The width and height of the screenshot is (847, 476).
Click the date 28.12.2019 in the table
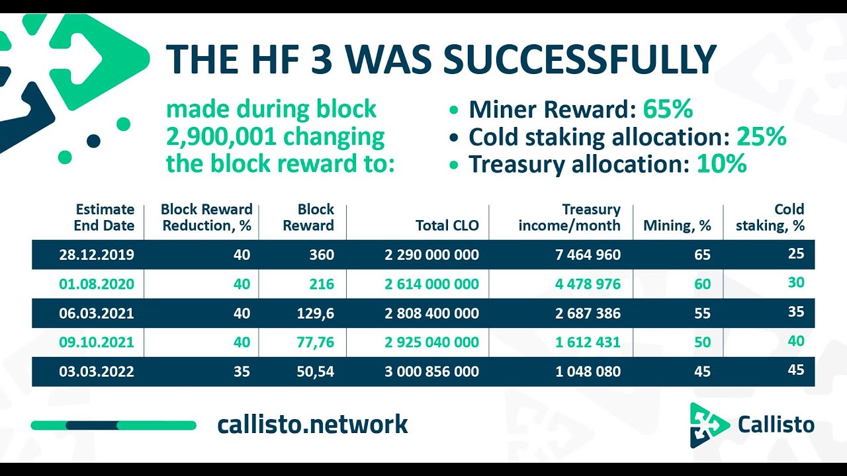point(97,255)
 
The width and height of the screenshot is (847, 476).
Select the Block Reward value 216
point(322,284)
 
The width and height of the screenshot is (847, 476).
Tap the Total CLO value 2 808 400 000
point(432,313)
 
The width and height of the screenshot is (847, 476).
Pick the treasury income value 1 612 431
point(588,342)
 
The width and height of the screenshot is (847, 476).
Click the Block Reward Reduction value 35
point(242,372)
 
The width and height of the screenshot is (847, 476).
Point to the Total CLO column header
point(447,225)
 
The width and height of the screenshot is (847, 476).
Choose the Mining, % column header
point(677,225)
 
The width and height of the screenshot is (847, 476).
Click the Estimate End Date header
point(105,218)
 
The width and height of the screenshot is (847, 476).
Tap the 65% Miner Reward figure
point(668,109)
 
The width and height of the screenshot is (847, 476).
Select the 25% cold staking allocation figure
point(762,136)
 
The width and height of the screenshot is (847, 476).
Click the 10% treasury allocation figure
point(722,163)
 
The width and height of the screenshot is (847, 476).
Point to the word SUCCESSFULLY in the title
point(580,59)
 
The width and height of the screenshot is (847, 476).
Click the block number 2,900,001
point(221,137)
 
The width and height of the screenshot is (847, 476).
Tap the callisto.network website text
point(313,424)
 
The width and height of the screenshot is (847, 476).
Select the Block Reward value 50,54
point(316,372)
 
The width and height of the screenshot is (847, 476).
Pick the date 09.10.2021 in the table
point(97,342)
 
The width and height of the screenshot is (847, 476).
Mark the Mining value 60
point(703,284)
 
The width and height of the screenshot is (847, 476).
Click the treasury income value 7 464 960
point(588,255)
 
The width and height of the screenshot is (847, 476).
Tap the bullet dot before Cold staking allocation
point(454,138)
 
